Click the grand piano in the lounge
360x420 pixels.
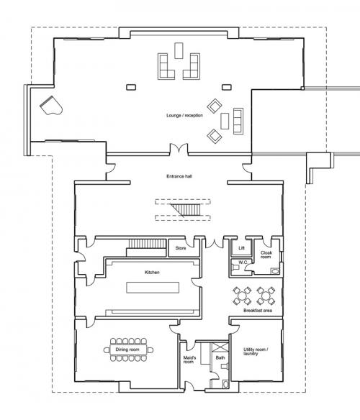[x=51, y=106]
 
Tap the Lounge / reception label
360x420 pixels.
[x=184, y=116]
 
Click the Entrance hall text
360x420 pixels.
[x=179, y=176]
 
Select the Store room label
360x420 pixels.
[x=181, y=248]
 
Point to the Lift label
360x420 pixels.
[x=241, y=248]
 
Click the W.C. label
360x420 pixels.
[x=243, y=262]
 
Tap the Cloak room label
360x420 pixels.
[x=266, y=255]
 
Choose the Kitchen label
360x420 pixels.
[x=152, y=273]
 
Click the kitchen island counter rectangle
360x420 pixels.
[x=153, y=288]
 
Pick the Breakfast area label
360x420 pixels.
[x=258, y=311]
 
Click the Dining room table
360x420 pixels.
[x=128, y=350]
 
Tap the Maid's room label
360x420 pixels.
[x=189, y=360]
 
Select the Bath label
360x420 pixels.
[x=220, y=357]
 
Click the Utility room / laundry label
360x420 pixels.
[x=256, y=352]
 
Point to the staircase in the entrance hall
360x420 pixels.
[x=185, y=210]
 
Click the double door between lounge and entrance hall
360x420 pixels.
[x=179, y=149]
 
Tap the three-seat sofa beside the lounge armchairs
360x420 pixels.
[x=238, y=121]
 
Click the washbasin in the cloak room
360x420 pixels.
[x=275, y=271]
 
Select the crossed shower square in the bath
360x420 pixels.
[x=220, y=347]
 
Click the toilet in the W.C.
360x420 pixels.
[x=235, y=267]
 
